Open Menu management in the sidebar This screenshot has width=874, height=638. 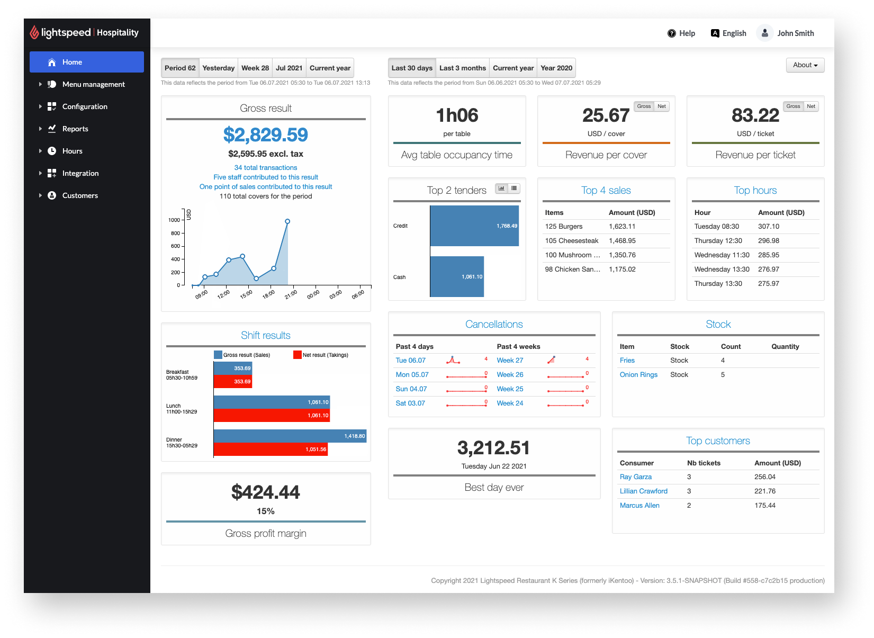[93, 84]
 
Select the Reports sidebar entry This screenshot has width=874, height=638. [75, 129]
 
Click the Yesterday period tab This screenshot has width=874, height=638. [218, 68]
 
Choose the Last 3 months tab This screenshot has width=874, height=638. [462, 68]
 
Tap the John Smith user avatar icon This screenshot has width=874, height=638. [764, 33]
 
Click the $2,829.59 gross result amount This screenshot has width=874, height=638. [265, 134]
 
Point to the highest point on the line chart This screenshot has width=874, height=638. [287, 221]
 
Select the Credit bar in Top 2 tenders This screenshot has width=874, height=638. [474, 226]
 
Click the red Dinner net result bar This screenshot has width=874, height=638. [271, 449]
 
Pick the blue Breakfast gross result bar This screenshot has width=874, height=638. [232, 368]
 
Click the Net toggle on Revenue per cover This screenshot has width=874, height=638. [661, 106]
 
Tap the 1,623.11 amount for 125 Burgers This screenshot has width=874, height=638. [621, 226]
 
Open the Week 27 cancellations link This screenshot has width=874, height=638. [509, 360]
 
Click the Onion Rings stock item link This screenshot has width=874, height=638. [638, 374]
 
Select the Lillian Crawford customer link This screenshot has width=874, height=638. [643, 491]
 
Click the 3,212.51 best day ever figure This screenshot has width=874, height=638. [493, 448]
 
